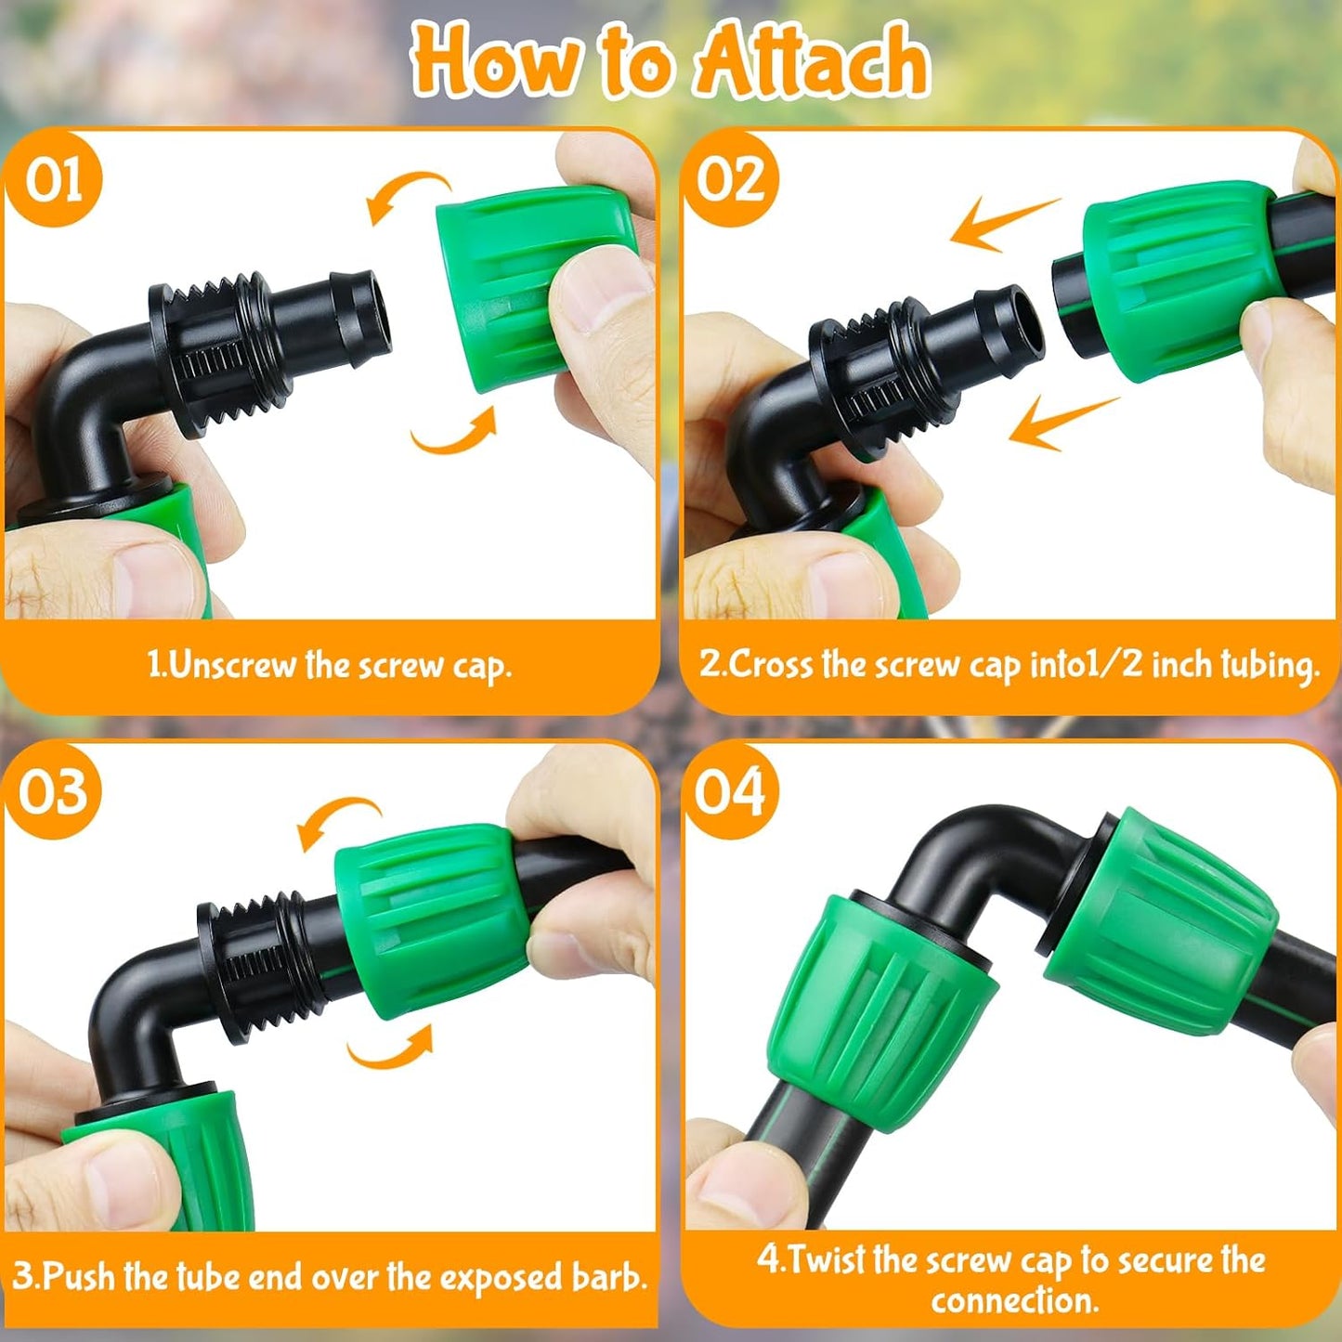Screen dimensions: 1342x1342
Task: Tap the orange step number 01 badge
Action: click(x=54, y=178)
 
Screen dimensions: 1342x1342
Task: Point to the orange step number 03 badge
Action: click(x=54, y=791)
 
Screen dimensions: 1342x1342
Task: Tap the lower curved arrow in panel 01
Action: click(x=455, y=435)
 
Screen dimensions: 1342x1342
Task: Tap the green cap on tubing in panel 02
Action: click(x=1175, y=279)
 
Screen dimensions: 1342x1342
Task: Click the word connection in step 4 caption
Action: click(x=1014, y=1301)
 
